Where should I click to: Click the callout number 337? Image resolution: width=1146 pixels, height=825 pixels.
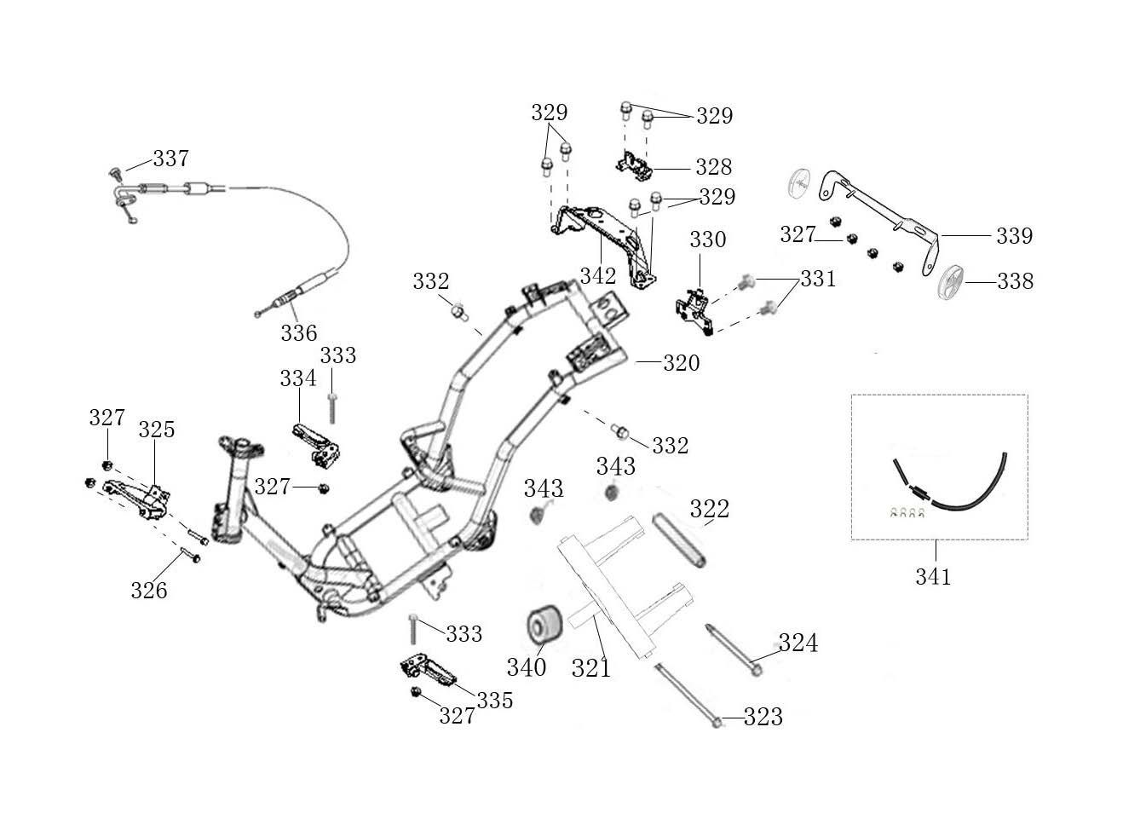170,159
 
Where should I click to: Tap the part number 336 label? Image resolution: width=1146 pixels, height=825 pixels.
298,332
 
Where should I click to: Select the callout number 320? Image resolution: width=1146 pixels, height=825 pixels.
681,363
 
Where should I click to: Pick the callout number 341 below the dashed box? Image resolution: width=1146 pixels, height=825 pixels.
933,577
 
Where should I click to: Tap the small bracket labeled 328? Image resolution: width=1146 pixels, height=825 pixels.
636,164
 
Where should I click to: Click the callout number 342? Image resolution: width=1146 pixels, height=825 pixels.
597,275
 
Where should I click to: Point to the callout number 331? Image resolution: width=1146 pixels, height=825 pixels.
817,279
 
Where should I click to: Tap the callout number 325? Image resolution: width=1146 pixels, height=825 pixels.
157,430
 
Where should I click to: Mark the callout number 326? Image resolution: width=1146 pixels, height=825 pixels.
148,590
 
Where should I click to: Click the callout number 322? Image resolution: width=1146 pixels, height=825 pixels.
709,509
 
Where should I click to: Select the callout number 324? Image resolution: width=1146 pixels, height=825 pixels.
798,643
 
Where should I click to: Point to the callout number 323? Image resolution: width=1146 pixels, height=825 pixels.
763,718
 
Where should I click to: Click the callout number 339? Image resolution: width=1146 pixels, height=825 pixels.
1014,235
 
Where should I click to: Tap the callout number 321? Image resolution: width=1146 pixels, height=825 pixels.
590,668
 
